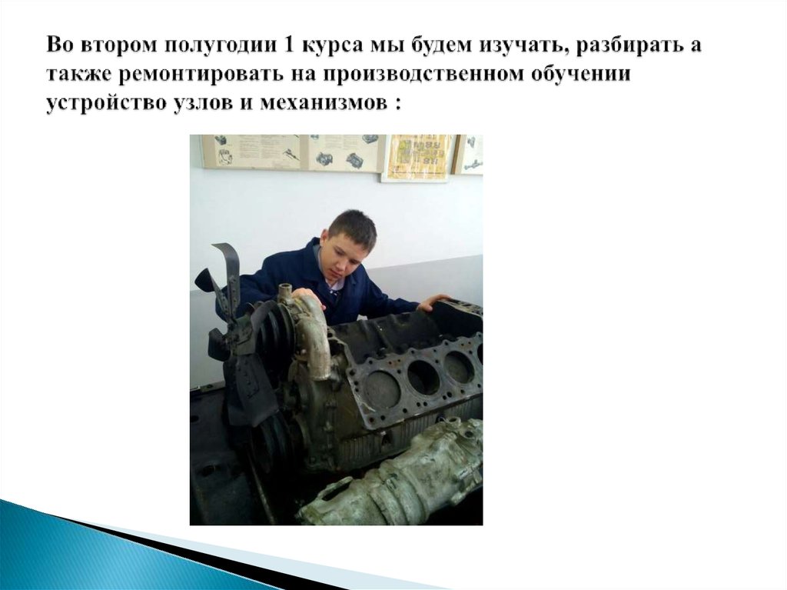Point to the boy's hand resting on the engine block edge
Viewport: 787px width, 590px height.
tap(434, 301)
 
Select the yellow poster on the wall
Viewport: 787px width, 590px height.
tap(417, 158)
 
